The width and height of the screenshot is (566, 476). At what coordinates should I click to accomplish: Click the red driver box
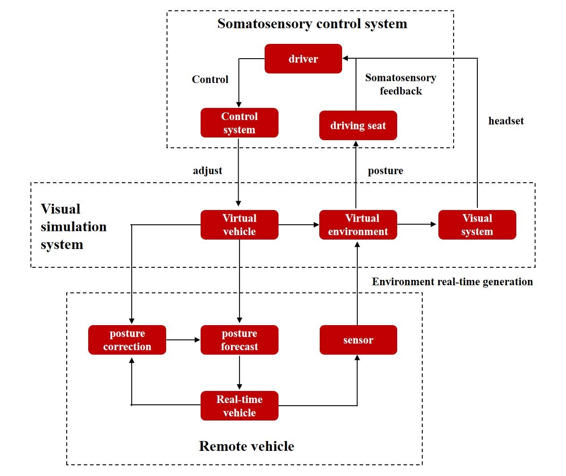303,59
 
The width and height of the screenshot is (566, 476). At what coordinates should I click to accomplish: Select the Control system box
239,123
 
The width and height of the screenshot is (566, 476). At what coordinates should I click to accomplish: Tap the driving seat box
358,125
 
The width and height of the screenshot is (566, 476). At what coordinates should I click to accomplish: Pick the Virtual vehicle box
239,225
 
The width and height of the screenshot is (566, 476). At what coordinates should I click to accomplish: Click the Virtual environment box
358,225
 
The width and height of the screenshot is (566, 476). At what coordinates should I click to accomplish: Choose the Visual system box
477,225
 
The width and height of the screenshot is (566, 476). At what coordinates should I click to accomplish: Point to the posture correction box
127,340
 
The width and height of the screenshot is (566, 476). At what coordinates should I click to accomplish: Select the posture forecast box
239,340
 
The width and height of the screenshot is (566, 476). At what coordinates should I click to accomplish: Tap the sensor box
358,340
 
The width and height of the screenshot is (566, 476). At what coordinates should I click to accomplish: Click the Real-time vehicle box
239,406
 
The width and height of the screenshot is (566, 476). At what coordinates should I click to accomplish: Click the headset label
506,121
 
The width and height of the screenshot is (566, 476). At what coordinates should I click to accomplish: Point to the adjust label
207,171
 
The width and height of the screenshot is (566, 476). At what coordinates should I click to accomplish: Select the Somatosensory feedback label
400,84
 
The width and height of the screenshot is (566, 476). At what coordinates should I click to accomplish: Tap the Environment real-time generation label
452,282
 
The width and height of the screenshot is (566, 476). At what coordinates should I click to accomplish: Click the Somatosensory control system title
312,24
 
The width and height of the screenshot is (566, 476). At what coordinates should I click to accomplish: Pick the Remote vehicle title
246,446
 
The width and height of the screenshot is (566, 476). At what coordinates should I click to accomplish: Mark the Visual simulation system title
73,227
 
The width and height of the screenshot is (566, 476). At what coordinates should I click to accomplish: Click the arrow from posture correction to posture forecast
183,340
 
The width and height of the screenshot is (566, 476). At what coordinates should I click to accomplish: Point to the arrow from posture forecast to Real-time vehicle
239,373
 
